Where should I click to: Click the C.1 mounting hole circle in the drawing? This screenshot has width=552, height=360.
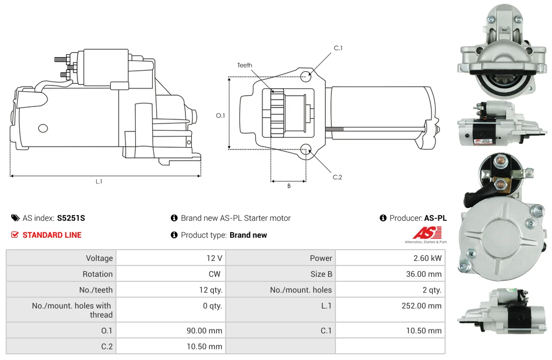click(x=306, y=76)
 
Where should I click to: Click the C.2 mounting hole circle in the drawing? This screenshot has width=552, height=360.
click(x=306, y=149)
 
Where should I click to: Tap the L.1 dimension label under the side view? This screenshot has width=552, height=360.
click(x=99, y=181)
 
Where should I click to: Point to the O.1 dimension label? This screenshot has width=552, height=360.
click(x=221, y=115)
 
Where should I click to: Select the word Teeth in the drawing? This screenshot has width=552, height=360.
click(x=245, y=65)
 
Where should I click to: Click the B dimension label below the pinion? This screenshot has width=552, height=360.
click(x=288, y=186)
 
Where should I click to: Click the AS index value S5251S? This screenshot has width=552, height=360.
click(x=71, y=218)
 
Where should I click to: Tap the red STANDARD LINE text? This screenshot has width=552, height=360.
click(x=52, y=235)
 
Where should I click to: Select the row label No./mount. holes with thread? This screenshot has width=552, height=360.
click(x=72, y=310)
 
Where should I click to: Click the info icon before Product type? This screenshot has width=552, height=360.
click(x=174, y=235)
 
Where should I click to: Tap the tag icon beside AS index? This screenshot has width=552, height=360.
click(x=15, y=218)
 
